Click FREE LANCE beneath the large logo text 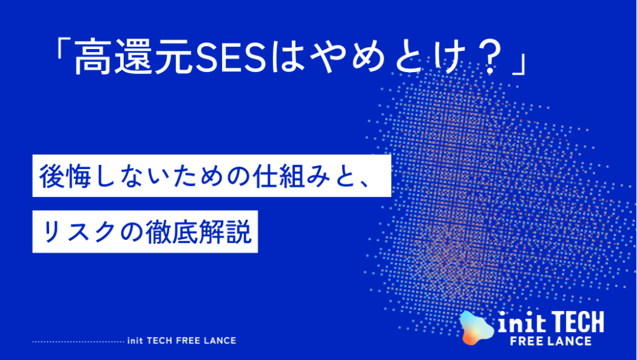pyautogui.click(x=550, y=341)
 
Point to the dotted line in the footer pyautogui.click(x=78, y=341)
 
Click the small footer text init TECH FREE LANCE pyautogui.click(x=181, y=341)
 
